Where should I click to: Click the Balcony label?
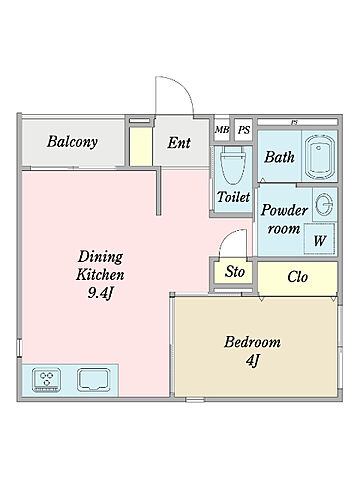point(72,142)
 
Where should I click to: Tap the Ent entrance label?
point(179,143)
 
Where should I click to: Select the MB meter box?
point(222,130)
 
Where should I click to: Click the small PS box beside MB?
point(244,130)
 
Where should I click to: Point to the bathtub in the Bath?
point(320,156)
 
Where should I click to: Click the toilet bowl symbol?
point(233,165)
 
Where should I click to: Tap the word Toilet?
point(233,197)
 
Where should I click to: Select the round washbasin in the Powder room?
point(324,204)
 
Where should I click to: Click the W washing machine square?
point(319,239)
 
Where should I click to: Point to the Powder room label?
point(284,220)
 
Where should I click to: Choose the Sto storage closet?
point(233,272)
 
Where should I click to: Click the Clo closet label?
point(297,277)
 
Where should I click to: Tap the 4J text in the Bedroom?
point(252,360)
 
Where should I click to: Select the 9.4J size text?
point(101,293)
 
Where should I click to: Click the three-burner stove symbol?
point(47,380)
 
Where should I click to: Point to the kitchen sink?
point(94,380)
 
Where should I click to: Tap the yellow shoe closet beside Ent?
point(141,146)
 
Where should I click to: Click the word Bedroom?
point(252,342)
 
